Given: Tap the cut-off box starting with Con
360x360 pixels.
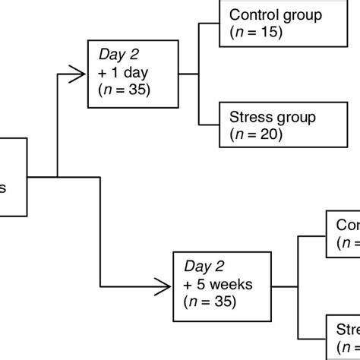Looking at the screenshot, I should point(345,234).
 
